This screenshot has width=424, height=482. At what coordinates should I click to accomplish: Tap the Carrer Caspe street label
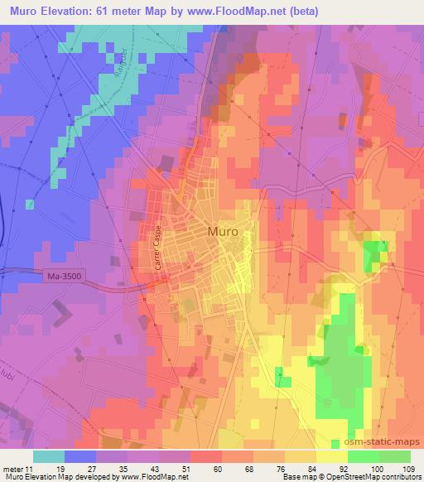(x=155, y=247)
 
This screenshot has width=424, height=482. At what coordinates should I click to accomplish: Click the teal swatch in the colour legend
(x=49, y=456)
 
